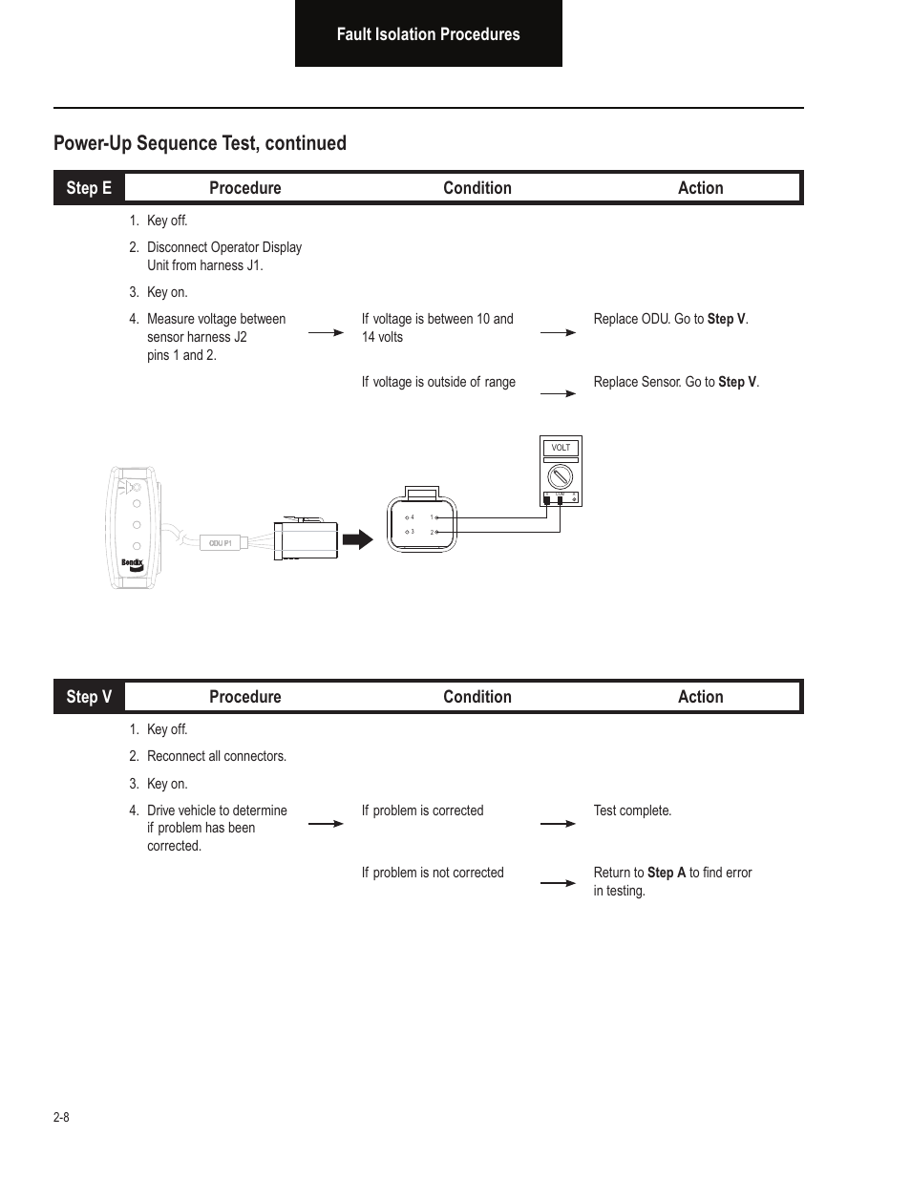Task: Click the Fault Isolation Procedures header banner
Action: (x=428, y=33)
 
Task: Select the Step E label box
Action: (x=89, y=188)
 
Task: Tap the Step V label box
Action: (x=89, y=697)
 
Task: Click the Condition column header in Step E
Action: (x=477, y=188)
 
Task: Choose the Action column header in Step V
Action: (x=700, y=697)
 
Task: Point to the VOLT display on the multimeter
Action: (x=561, y=448)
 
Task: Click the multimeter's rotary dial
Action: (x=561, y=476)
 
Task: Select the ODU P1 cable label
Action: (x=221, y=543)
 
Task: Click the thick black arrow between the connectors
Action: (x=357, y=539)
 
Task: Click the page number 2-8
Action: (x=61, y=1117)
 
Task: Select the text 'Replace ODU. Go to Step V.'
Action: (x=670, y=319)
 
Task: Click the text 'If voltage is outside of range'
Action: (x=438, y=382)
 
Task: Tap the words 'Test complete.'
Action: (x=632, y=811)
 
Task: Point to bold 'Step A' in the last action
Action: (x=666, y=873)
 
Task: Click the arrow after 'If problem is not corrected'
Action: (x=558, y=883)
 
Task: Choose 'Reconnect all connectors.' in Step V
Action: (x=217, y=756)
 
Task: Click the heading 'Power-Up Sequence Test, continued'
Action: (x=200, y=143)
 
